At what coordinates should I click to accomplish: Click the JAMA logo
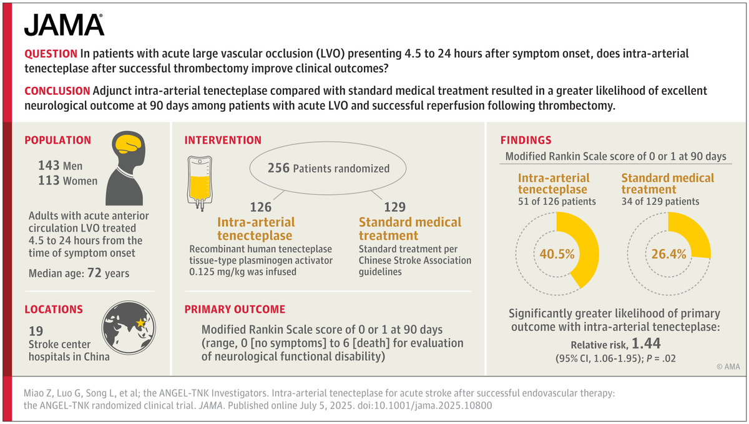coord(64,24)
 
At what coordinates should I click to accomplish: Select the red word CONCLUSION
coord(56,91)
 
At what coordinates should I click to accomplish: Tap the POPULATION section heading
coord(57,141)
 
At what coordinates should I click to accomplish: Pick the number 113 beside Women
coord(49,181)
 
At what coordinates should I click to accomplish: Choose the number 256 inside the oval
coord(278,168)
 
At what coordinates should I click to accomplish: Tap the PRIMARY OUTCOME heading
coord(235,309)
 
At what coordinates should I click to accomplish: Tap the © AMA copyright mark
coord(727,367)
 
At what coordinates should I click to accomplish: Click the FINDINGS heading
coord(526,141)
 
